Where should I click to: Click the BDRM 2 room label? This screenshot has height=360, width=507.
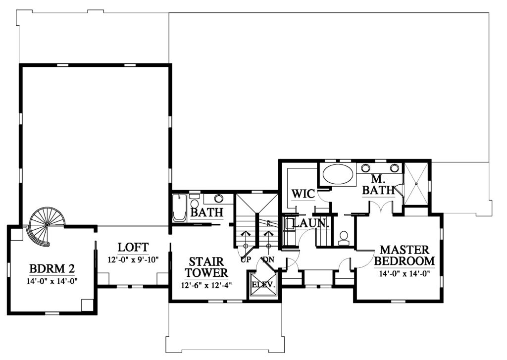pos(52,268)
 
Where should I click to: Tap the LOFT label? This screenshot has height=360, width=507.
pos(133,248)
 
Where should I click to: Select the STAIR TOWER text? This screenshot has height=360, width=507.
pos(206,267)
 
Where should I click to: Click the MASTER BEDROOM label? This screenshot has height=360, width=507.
pos(404,255)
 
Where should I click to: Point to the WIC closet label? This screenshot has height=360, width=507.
pos(303,194)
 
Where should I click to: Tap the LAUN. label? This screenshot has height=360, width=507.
pos(310,223)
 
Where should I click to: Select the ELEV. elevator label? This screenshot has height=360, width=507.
pos(263,285)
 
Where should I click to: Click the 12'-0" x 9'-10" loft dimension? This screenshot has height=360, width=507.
pos(133,259)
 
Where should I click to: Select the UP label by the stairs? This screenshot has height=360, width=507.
pos(246,259)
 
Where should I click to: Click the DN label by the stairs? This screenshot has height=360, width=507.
pos(268,259)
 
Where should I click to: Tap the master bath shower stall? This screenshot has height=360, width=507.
pos(416,184)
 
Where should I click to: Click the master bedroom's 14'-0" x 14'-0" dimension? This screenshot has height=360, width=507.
pos(404,274)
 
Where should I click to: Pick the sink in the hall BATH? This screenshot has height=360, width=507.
pos(218,198)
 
